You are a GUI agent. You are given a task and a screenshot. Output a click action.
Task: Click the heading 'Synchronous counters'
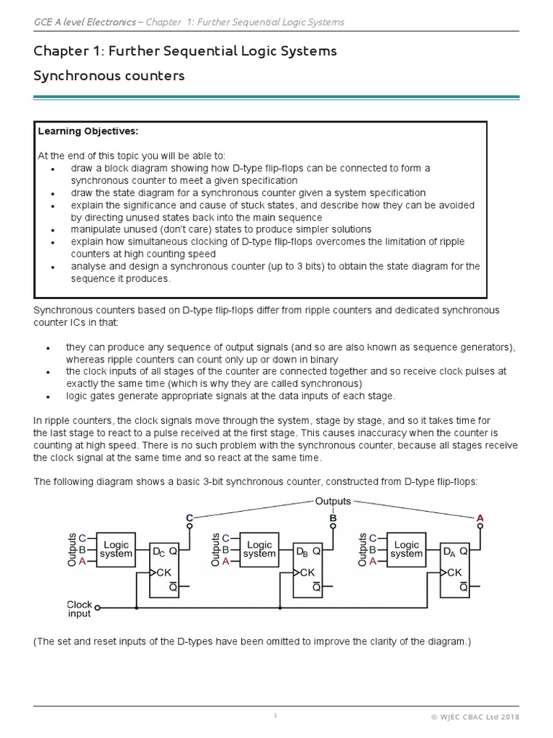tap(109, 76)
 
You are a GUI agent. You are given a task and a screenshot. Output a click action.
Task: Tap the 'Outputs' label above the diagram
tap(333, 501)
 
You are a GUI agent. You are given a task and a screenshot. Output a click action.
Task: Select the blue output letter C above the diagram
tap(189, 517)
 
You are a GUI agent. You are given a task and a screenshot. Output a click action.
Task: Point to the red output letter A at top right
tap(480, 517)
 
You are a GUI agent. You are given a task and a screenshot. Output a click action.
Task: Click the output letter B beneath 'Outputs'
tap(333, 517)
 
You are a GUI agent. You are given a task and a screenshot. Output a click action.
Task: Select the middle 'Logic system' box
tap(259, 549)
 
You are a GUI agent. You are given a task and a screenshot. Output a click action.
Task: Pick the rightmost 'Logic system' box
tap(407, 549)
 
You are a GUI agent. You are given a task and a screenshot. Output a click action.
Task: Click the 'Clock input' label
tap(79, 609)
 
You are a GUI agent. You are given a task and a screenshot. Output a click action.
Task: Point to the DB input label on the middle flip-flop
tap(302, 552)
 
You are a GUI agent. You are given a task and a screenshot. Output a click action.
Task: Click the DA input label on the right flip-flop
tap(449, 552)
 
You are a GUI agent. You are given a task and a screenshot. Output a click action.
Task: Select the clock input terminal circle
tap(97, 607)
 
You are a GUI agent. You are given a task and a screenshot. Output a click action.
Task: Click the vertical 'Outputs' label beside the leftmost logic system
tap(72, 549)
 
